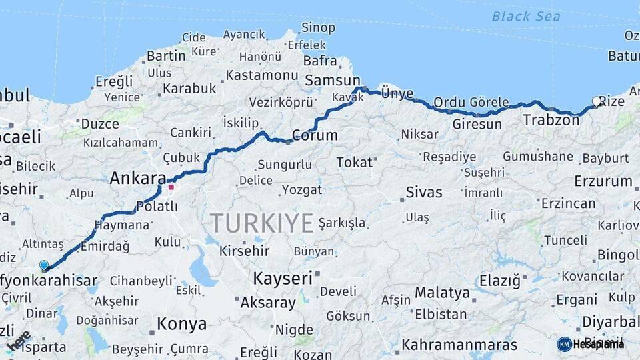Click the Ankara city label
tap(137, 178)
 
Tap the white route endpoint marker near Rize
tap(597, 101)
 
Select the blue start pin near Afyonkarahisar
tap(44, 265)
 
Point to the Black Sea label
tap(526, 17)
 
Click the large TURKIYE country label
tap(261, 223)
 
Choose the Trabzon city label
tap(551, 121)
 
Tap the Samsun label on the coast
tap(332, 80)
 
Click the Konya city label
tap(181, 325)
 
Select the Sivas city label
tap(424, 193)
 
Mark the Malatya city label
tap(442, 293)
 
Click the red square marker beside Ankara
tap(171, 187)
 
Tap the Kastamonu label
tap(261, 75)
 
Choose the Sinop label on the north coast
tap(318, 28)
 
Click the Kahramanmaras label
tap(459, 345)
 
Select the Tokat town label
tap(354, 162)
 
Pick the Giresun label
tap(477, 125)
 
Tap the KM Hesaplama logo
tap(590, 344)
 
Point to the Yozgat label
tap(301, 190)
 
